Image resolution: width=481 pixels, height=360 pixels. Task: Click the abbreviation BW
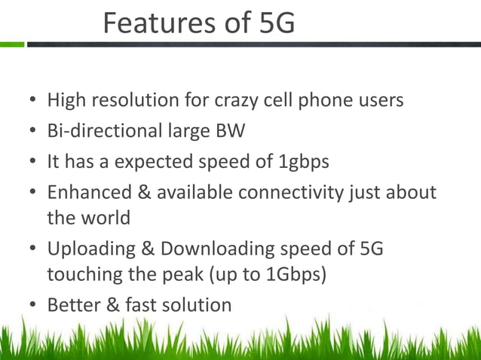pyautogui.click(x=230, y=131)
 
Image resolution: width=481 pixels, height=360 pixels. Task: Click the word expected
pyautogui.click(x=155, y=162)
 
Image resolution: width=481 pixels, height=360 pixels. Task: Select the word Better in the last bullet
pyautogui.click(x=71, y=305)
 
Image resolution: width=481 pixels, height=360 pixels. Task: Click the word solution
pyautogui.click(x=195, y=305)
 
